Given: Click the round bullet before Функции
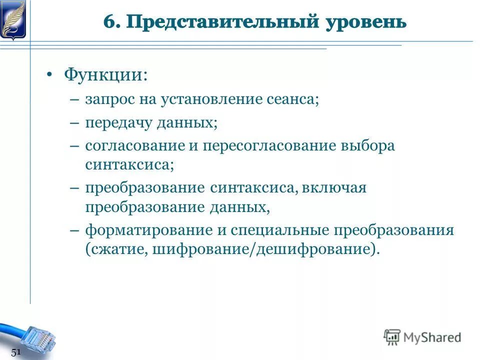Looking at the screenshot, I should point(49,75).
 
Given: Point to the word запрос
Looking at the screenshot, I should point(106,99).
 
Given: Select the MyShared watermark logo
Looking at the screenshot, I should point(422,337).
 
